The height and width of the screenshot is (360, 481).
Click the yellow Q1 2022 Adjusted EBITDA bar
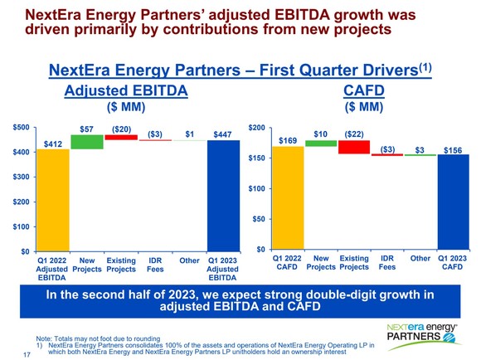tap(52, 199)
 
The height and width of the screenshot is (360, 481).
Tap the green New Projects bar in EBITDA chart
tap(86, 142)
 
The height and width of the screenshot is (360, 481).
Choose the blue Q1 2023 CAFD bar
tap(453, 202)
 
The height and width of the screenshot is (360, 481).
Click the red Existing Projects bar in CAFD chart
tap(353, 147)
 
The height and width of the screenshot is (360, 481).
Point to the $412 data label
tap(52, 143)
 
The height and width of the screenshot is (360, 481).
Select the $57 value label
tap(87, 128)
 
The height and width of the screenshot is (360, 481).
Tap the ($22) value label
tap(354, 134)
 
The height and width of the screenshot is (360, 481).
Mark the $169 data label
tap(288, 140)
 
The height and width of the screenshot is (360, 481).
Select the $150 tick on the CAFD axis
tap(257, 158)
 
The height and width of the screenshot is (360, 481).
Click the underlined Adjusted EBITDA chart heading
tap(125, 89)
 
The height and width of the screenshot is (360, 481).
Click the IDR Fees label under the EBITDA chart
tap(154, 265)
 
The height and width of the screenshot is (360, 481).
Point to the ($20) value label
tap(121, 129)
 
